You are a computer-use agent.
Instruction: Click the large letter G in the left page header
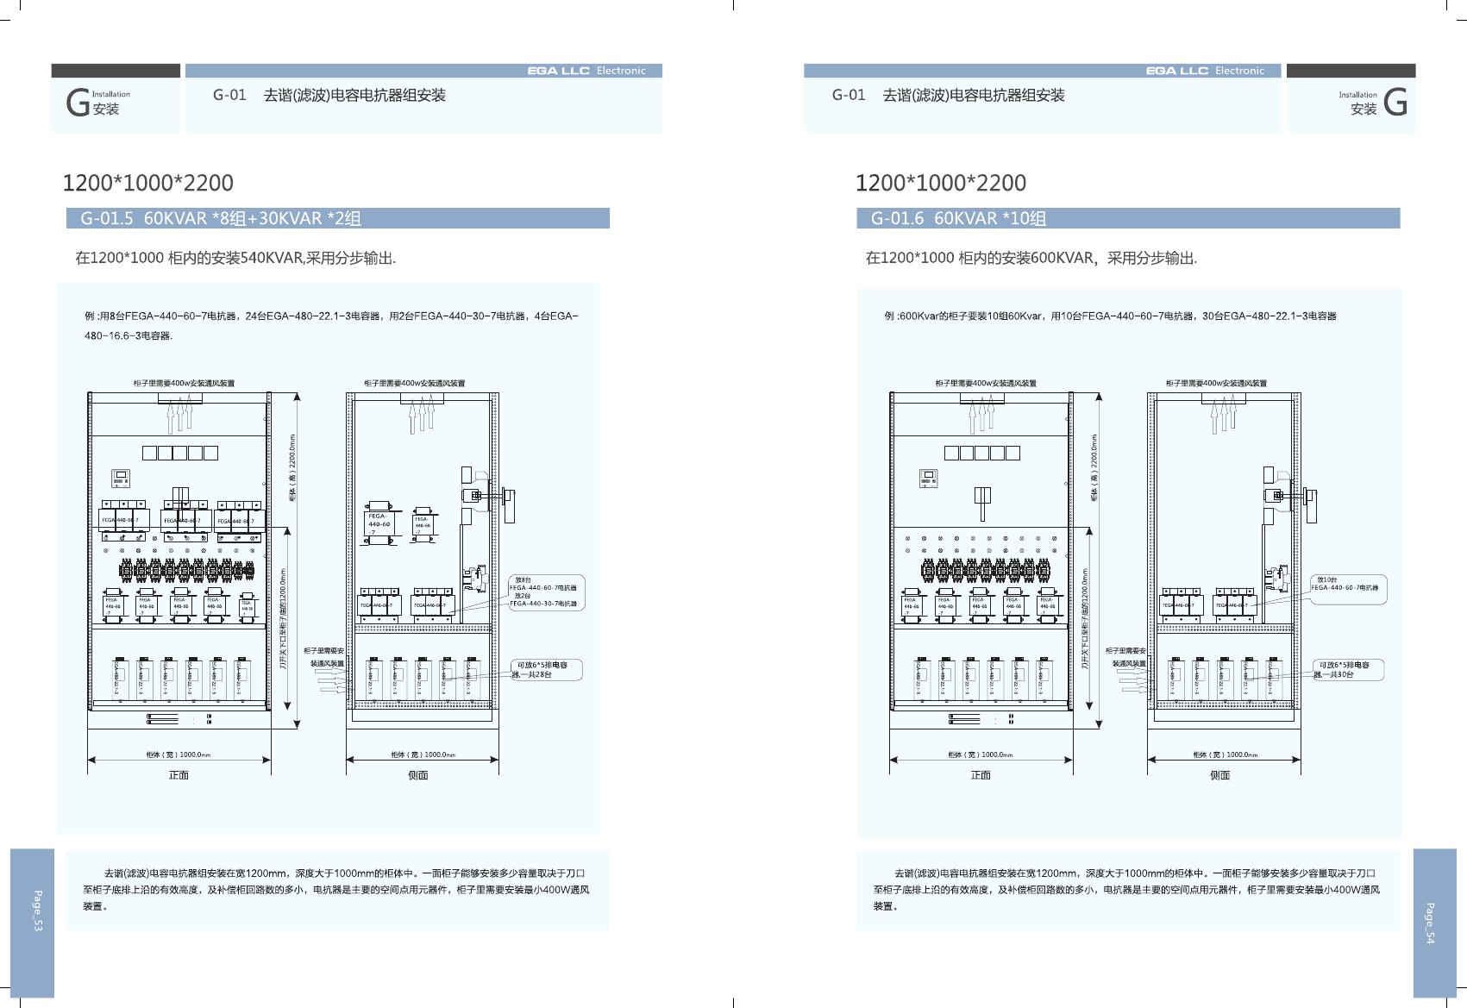pyautogui.click(x=78, y=103)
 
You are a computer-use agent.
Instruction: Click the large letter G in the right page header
pyautogui.click(x=1395, y=103)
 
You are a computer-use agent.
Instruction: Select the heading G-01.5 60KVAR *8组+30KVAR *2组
pyautogui.click(x=221, y=218)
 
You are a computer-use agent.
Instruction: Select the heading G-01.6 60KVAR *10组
pyautogui.click(x=958, y=218)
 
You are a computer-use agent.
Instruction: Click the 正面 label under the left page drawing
pyautogui.click(x=179, y=775)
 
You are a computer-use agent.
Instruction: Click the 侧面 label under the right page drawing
pyautogui.click(x=1219, y=775)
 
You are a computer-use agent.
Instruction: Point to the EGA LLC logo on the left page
pyautogui.click(x=559, y=71)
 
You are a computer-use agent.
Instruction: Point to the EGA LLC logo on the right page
pyautogui.click(x=1177, y=71)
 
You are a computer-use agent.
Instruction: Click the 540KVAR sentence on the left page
pyautogui.click(x=235, y=258)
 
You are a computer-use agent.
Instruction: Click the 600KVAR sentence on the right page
pyautogui.click(x=1031, y=258)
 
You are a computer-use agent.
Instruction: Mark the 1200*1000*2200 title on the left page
pyautogui.click(x=147, y=183)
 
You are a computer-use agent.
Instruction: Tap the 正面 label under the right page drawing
pyautogui.click(x=981, y=775)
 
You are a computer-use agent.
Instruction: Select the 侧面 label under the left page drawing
pyautogui.click(x=418, y=775)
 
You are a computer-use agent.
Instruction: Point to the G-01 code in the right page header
pyautogui.click(x=848, y=95)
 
